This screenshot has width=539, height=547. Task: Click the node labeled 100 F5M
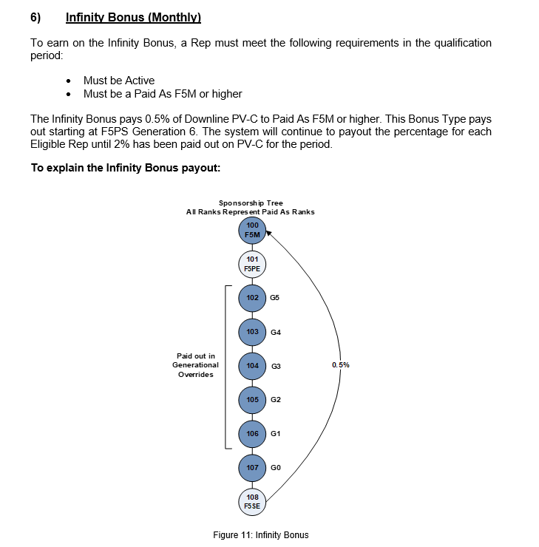(253, 230)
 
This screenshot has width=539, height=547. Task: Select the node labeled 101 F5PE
(253, 264)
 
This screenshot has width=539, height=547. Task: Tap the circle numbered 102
(253, 298)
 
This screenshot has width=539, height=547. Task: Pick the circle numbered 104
(253, 366)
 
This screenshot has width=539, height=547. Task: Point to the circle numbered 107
(253, 467)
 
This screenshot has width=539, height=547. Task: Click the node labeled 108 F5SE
(253, 501)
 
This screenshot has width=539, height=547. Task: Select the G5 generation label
(275, 298)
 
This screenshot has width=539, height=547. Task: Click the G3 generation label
(275, 366)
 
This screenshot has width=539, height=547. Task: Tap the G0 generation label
(275, 467)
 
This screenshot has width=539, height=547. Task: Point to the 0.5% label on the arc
(341, 365)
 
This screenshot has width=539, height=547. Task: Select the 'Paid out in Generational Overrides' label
(196, 365)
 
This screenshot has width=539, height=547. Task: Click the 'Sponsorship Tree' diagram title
(251, 203)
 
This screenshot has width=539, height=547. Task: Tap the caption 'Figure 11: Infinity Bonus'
(260, 534)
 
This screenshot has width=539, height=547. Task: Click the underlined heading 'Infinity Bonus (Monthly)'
(133, 16)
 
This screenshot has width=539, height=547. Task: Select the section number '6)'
(35, 16)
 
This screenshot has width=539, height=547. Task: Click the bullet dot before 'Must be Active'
(69, 81)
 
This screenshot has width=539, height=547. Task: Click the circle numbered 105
(253, 400)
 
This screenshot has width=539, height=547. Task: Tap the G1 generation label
(275, 433)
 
